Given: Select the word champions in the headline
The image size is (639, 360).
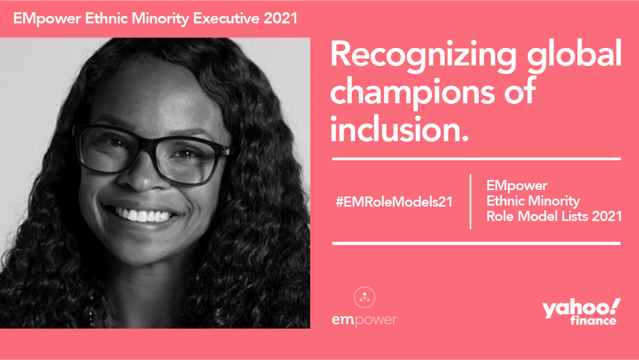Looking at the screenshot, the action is [413, 95].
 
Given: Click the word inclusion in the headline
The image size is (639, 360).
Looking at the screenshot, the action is [399, 129].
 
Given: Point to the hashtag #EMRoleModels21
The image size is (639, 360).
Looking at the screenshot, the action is [394, 202].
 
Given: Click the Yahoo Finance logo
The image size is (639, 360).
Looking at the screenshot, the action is [581, 312].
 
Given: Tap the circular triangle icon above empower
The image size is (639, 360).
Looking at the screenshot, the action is [364, 297].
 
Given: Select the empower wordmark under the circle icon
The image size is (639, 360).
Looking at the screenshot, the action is [364, 320].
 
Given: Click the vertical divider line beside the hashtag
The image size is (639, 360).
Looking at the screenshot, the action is [470, 201].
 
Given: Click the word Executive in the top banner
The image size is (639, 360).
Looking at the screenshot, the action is [226, 18].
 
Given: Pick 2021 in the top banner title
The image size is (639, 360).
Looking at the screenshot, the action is [281, 18].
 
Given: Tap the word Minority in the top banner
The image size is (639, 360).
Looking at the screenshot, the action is [161, 19].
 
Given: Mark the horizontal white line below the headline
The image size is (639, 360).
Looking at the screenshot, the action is [476, 159].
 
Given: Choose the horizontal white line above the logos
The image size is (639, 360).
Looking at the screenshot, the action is [476, 243].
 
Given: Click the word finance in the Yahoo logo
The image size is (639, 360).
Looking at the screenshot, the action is [594, 320].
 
